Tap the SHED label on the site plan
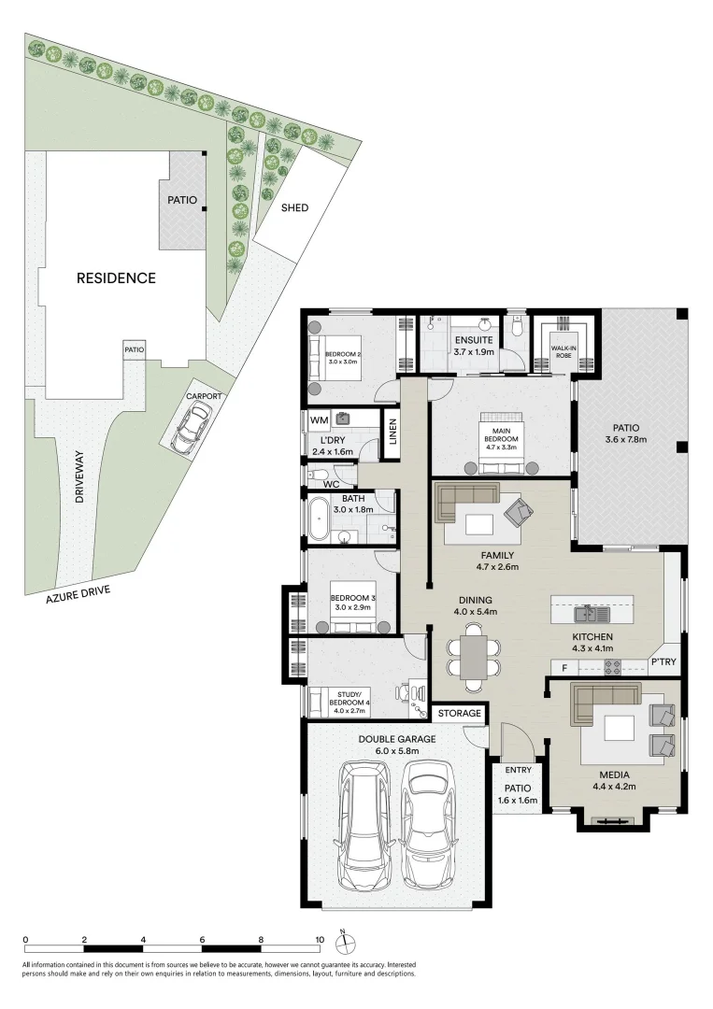pos(295,207)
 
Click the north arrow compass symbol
pos(343,942)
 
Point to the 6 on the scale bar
pos(202,940)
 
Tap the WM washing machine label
pos(320,421)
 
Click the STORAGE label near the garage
pos(460,714)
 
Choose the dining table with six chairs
pos(474,655)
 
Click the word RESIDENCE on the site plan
pos(116,277)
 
